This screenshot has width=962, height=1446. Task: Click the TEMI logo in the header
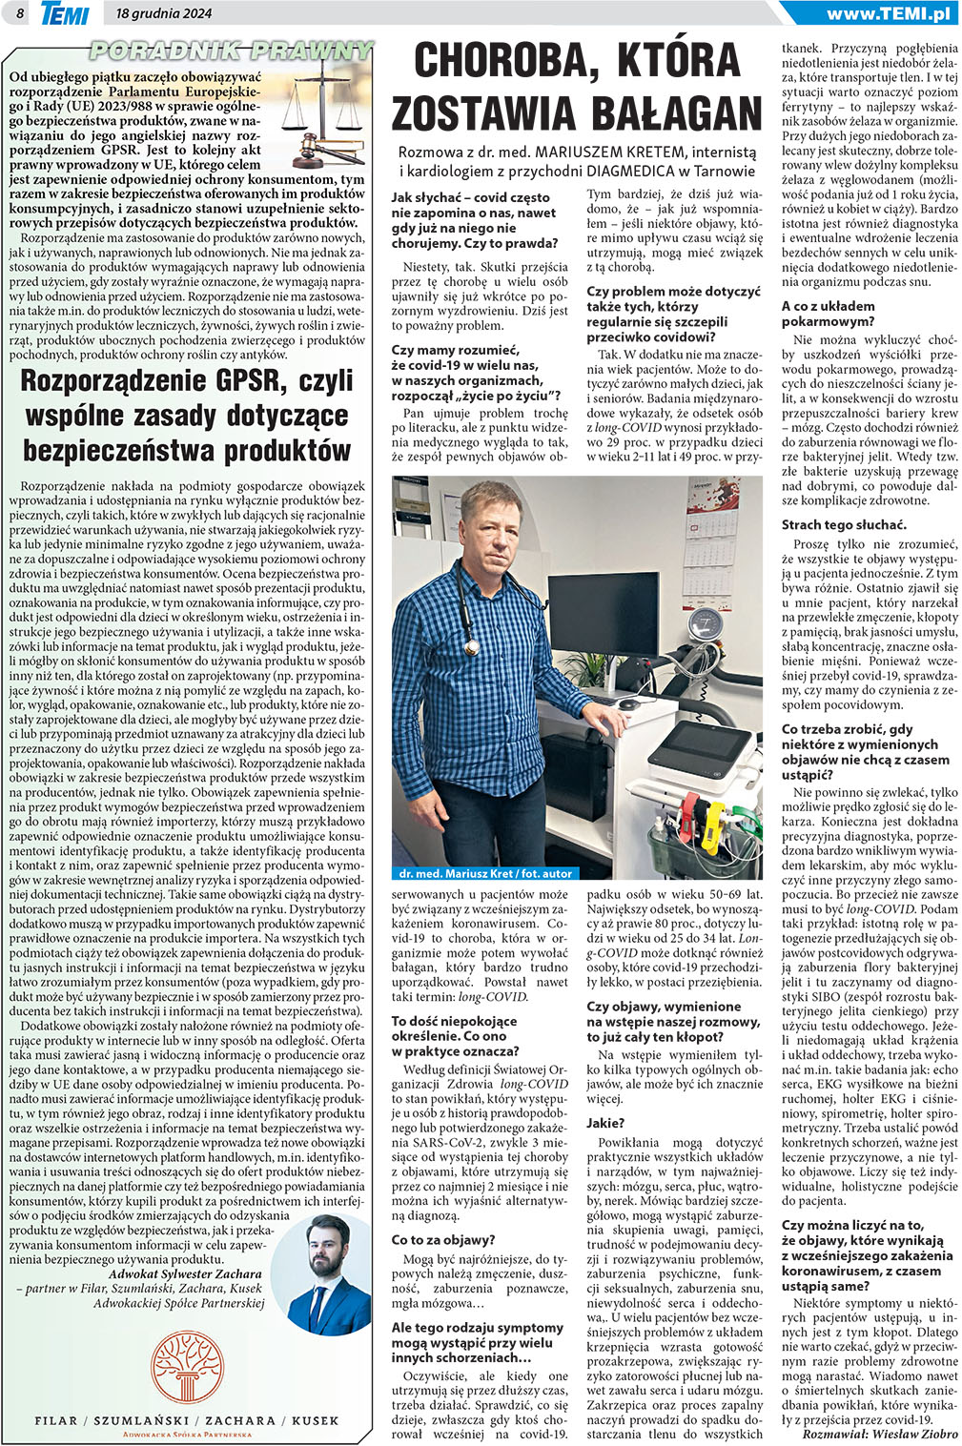pos(65,13)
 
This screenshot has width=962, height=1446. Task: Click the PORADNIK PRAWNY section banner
pos(232,50)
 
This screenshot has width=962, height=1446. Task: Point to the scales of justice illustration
pos(324,114)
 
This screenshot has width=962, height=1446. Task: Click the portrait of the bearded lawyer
pos(330,1277)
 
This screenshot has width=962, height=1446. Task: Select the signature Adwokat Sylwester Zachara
pos(185,1273)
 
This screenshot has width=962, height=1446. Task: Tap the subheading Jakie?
pos(605,1123)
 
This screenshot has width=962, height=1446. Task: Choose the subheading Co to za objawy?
pos(443,1239)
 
